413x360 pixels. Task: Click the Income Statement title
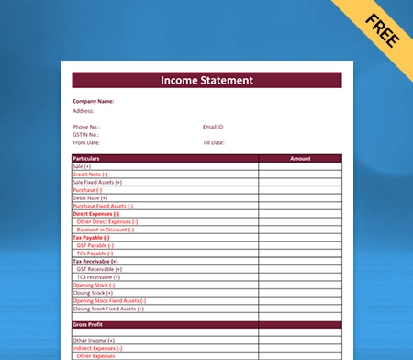click(206, 81)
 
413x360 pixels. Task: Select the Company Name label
click(94, 100)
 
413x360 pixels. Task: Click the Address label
click(84, 110)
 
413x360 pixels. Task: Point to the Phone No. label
click(86, 126)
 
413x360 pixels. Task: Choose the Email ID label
click(214, 126)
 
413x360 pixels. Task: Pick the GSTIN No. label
click(86, 134)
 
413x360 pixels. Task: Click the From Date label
click(85, 143)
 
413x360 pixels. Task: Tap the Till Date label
click(214, 143)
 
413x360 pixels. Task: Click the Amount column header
click(300, 158)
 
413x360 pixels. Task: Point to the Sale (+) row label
click(82, 166)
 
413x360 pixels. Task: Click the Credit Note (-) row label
click(90, 174)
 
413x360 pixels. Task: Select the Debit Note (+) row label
click(90, 197)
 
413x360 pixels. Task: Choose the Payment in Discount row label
click(106, 230)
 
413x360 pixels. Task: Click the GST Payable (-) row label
click(95, 245)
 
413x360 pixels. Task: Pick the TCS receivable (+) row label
click(98, 276)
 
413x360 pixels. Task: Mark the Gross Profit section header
click(87, 324)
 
